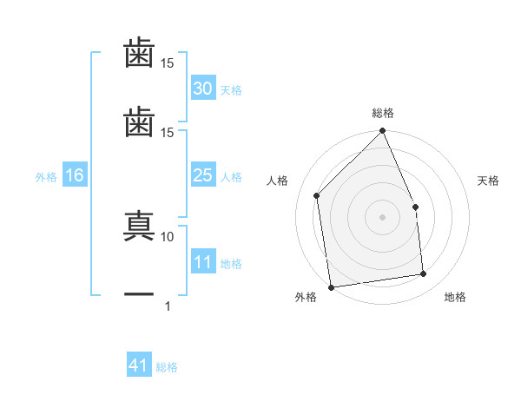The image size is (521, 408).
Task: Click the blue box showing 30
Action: coord(202,89)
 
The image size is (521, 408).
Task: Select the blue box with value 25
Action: coord(202,176)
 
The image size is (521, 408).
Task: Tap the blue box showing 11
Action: coord(202,262)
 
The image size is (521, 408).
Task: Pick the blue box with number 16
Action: coord(75,176)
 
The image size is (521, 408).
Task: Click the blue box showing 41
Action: coord(139,366)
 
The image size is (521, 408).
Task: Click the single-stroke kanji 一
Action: coord(139,294)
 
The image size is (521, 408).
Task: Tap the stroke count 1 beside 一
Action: coord(168,306)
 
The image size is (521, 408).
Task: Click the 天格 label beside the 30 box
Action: coord(231,90)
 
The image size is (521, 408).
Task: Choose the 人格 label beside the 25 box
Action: coord(231,177)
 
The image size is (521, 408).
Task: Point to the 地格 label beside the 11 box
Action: coord(231,264)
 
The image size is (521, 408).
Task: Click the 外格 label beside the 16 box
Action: coord(46,177)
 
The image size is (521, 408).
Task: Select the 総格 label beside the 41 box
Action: coord(168,367)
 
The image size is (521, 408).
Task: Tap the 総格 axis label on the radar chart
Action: coord(383,113)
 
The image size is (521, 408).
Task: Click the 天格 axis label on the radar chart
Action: coord(489,181)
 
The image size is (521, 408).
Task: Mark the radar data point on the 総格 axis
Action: coord(383,132)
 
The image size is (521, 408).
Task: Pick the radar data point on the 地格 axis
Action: coord(424,274)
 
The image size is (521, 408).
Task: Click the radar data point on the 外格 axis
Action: coord(331,286)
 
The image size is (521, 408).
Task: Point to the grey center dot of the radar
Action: coord(383,217)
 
